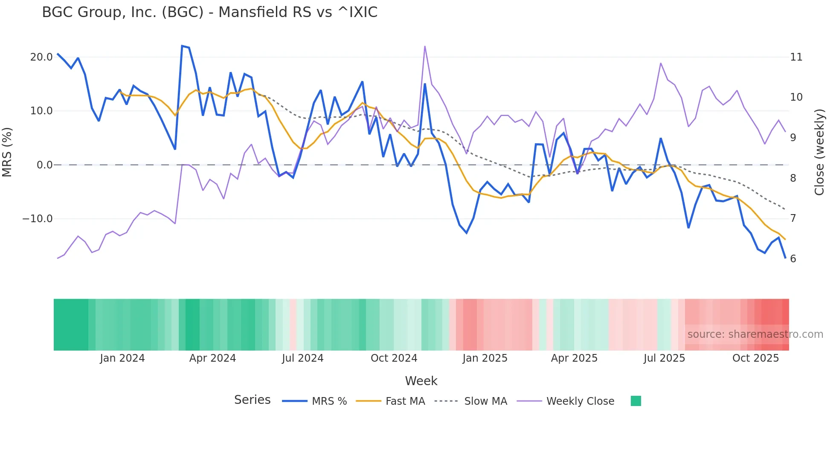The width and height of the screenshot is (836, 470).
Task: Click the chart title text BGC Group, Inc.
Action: point(209,12)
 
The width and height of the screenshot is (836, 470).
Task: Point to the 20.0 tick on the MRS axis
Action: point(41,57)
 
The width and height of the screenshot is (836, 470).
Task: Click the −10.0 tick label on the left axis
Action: point(38,219)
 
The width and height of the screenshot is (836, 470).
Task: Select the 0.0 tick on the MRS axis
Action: point(44,165)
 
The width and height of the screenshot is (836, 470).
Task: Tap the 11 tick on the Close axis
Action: point(796,57)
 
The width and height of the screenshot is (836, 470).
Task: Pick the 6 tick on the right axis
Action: point(793,259)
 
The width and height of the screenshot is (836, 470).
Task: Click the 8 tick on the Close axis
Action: point(793,178)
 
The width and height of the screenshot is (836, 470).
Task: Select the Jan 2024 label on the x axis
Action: point(122,358)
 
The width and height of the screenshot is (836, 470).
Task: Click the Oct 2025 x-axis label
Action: point(755,358)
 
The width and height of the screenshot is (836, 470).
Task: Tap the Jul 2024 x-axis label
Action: point(302,358)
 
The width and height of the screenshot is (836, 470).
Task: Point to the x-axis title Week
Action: point(421,381)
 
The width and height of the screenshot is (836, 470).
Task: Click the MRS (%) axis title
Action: point(7,152)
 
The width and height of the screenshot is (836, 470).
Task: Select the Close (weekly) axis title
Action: point(819,152)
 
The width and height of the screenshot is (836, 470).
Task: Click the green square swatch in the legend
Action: point(636,401)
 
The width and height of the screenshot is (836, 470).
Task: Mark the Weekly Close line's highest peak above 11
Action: point(425,46)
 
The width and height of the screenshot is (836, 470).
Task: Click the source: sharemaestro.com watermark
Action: point(755,334)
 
